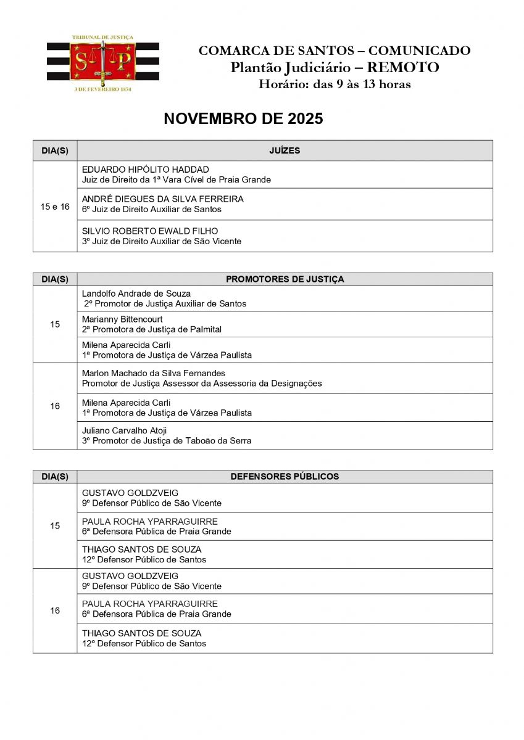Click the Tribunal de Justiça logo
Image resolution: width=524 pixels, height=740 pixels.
pos(102,64)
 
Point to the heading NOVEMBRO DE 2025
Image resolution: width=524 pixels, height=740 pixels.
pos(243,119)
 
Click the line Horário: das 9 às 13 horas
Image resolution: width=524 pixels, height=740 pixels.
pos(335,84)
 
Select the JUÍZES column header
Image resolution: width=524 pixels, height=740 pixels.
pos(285,150)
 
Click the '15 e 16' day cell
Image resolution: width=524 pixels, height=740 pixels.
pos(55,207)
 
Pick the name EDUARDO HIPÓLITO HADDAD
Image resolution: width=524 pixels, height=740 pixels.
pos(145,170)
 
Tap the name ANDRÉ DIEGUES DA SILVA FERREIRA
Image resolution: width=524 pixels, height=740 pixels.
pos(162,199)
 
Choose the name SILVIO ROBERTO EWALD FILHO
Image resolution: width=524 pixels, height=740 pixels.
pos(149,231)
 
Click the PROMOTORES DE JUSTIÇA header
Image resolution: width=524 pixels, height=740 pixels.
pos(285,279)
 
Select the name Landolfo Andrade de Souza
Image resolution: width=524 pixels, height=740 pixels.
pos(136,294)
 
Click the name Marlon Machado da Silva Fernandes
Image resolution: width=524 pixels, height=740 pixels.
pos(153,373)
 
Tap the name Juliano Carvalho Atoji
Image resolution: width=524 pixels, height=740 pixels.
pos(124,430)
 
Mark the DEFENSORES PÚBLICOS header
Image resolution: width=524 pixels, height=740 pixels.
pos(285,477)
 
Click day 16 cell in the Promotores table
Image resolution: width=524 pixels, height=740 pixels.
pos(55,406)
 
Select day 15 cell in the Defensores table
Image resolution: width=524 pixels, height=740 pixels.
pos(55,526)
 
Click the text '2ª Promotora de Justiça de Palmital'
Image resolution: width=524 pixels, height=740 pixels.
pos(151,329)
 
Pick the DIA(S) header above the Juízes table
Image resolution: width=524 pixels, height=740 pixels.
pos(55,150)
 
